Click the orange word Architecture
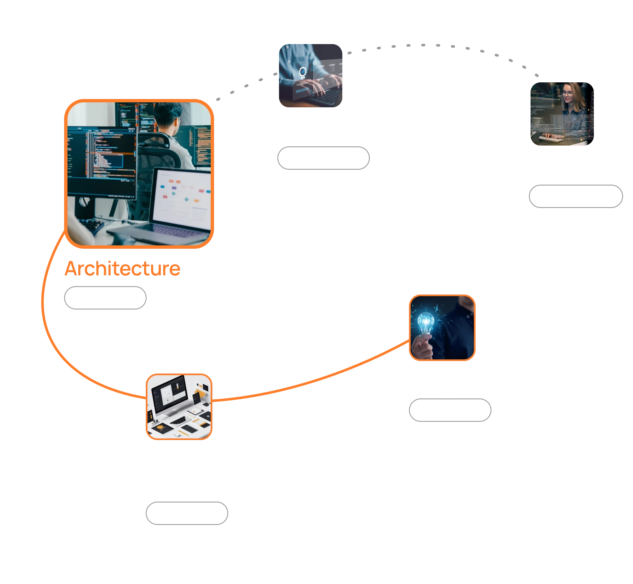[122, 269]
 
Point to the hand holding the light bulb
[423, 347]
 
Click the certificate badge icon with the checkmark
[302, 73]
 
